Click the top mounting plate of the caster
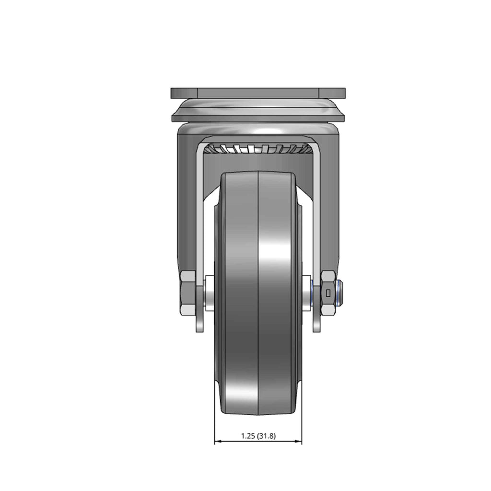pyautogui.click(x=258, y=93)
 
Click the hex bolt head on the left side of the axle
pyautogui.click(x=188, y=293)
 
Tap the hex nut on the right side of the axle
pyautogui.click(x=328, y=293)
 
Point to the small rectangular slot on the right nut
pyautogui.click(x=328, y=293)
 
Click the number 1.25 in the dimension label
pyautogui.click(x=248, y=435)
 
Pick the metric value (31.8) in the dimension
pyautogui.click(x=267, y=435)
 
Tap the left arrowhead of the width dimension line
pyautogui.click(x=218, y=442)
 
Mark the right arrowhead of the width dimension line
pyautogui.click(x=298, y=442)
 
